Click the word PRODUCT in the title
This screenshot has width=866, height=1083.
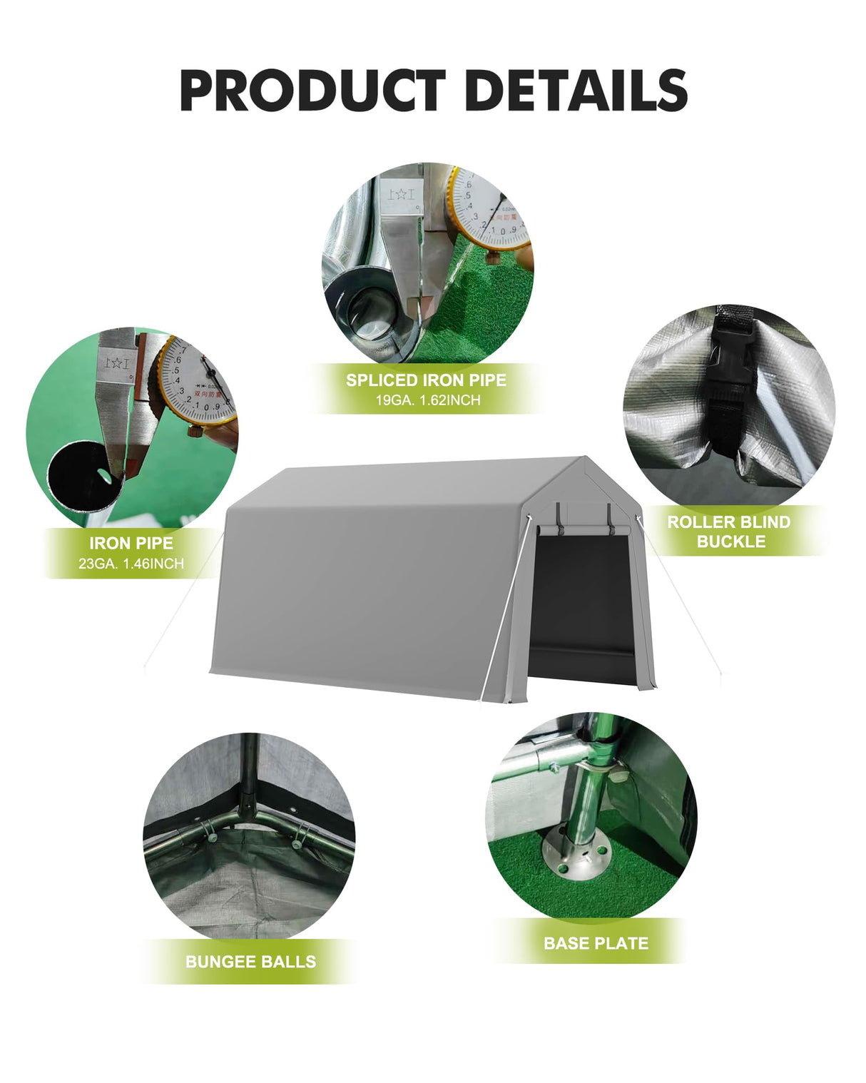pyautogui.click(x=312, y=91)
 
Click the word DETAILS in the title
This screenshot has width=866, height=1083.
pyautogui.click(x=576, y=91)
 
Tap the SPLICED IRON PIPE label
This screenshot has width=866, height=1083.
pyautogui.click(x=426, y=380)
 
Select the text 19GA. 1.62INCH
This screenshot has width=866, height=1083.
pyautogui.click(x=428, y=400)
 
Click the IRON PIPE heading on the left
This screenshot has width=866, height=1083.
pyautogui.click(x=131, y=543)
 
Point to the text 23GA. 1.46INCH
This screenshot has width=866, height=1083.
pyautogui.click(x=131, y=564)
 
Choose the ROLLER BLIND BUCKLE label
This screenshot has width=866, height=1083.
pyautogui.click(x=728, y=532)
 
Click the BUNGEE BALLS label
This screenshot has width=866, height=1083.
pyautogui.click(x=250, y=962)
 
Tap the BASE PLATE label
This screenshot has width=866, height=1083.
pyautogui.click(x=596, y=943)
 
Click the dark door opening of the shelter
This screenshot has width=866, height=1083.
pyautogui.click(x=581, y=599)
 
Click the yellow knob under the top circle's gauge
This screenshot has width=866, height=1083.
pyautogui.click(x=492, y=255)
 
